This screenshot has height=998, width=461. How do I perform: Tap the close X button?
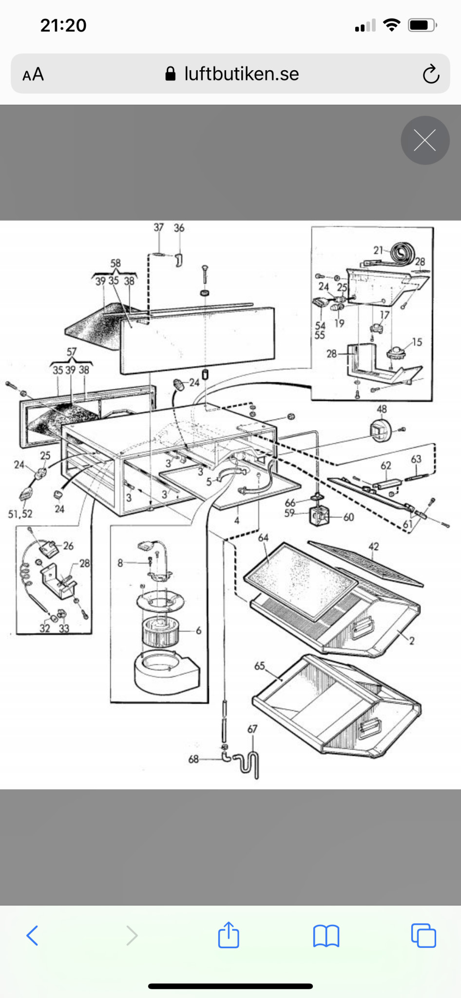(425, 140)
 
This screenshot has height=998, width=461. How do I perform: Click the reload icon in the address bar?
(431, 74)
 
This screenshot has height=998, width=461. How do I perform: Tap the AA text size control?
(33, 75)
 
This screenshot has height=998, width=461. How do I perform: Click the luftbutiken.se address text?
(241, 74)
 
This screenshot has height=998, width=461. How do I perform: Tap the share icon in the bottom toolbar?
(229, 935)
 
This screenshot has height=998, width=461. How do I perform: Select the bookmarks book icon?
(326, 936)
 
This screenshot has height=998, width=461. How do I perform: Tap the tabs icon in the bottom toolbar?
(423, 935)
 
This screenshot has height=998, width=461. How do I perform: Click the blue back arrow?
(32, 935)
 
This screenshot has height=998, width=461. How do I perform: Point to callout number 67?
(252, 729)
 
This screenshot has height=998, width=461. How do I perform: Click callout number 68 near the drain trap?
(193, 759)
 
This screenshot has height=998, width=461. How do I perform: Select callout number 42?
(373, 546)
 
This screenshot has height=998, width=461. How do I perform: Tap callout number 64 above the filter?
(263, 537)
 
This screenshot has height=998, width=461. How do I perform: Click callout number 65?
(260, 666)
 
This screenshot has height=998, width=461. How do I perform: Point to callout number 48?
(382, 409)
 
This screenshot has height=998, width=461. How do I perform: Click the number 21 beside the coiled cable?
(378, 250)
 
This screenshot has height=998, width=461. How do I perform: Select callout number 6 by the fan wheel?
(198, 630)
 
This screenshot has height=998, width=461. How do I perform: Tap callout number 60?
(348, 517)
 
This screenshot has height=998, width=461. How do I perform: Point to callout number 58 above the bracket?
(115, 263)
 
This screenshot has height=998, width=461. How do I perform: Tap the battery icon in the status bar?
(423, 25)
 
